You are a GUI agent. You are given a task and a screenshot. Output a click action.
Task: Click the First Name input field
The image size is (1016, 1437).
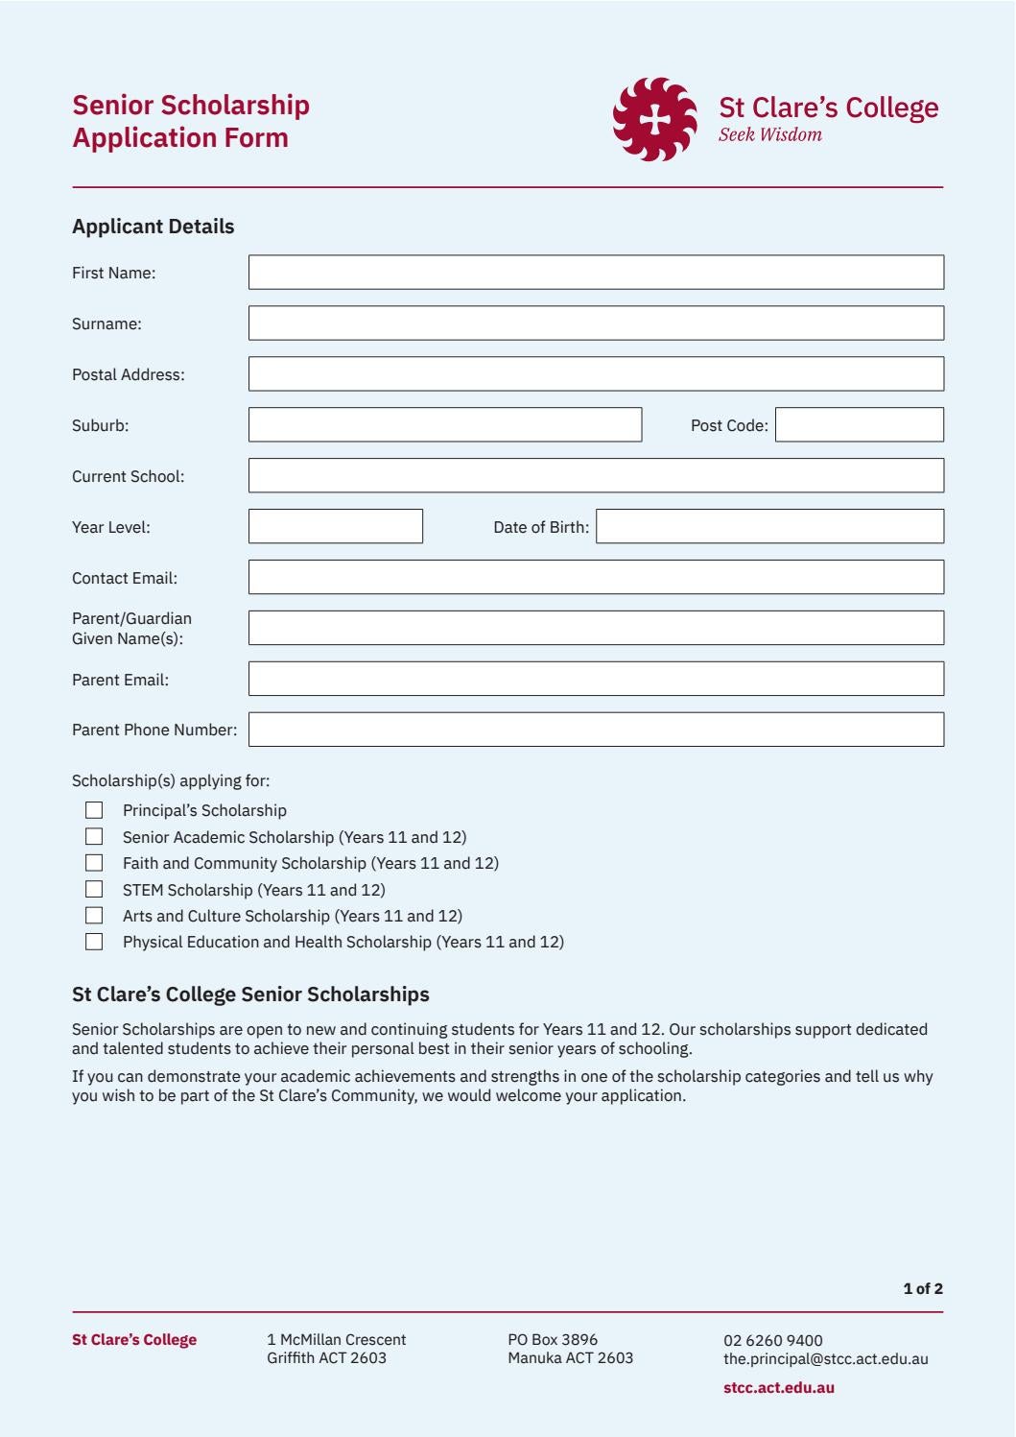[x=596, y=273]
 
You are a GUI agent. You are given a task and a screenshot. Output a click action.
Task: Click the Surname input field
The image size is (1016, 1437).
[x=596, y=323]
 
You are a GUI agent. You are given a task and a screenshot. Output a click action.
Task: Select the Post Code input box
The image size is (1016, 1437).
[x=859, y=425]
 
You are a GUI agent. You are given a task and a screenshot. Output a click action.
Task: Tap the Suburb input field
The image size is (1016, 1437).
[x=444, y=425]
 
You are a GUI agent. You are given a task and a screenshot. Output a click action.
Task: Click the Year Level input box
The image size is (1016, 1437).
[x=335, y=527]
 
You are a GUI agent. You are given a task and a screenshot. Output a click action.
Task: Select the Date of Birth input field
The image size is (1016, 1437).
[x=769, y=527]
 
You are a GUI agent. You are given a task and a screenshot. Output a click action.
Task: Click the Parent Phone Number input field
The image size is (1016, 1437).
[x=596, y=730]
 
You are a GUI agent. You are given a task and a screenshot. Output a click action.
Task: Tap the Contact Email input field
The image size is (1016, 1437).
[x=596, y=578]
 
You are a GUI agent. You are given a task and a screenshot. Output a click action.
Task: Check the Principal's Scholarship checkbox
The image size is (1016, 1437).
[x=94, y=810]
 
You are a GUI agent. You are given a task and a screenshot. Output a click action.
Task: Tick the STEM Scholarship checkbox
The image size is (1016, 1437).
[x=94, y=889]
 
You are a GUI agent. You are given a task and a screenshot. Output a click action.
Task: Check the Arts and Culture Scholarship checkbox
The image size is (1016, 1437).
[x=94, y=916]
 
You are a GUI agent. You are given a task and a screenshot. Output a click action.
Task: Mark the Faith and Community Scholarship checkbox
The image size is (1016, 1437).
[x=94, y=863]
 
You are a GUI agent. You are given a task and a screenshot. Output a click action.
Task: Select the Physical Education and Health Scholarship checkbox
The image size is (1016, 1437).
[x=94, y=942]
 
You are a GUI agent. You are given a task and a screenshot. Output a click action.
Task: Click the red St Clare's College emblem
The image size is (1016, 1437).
[x=655, y=120]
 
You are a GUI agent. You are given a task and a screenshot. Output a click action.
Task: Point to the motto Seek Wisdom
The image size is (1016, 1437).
[x=769, y=135]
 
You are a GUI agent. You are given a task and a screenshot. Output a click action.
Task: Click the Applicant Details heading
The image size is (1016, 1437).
[x=154, y=227]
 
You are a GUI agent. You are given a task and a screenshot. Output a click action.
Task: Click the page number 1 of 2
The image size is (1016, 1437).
[x=922, y=1288]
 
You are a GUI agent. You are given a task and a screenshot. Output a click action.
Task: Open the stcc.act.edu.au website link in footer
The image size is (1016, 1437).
[x=778, y=1387]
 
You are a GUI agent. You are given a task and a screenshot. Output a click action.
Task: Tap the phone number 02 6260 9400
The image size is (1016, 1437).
[x=772, y=1340]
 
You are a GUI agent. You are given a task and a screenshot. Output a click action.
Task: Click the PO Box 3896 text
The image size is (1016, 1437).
[x=553, y=1339]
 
